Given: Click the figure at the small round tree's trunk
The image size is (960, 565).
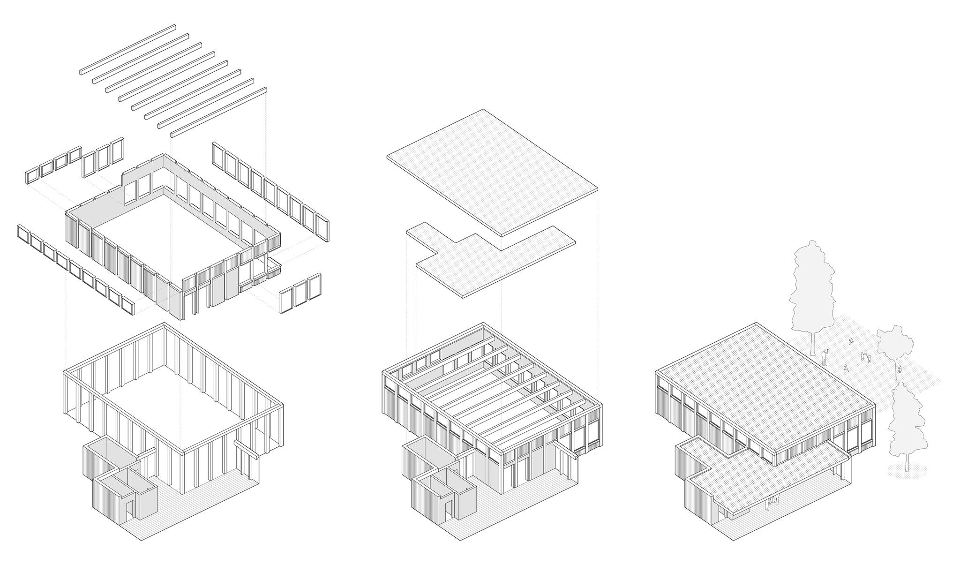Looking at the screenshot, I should tap(900, 370).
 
